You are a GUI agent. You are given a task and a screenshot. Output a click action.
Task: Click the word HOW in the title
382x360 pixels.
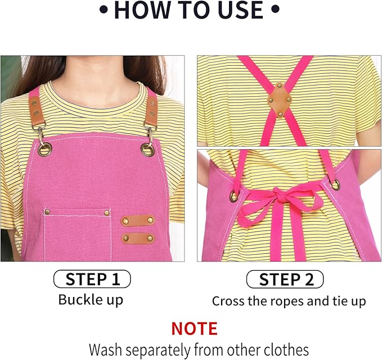(x=138, y=11)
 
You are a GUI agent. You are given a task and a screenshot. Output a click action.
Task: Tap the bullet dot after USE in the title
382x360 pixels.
(x=275, y=10)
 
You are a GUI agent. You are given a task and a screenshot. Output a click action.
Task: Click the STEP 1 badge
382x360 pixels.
(x=92, y=279)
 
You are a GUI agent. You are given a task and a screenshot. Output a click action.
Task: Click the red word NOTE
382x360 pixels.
(x=194, y=328)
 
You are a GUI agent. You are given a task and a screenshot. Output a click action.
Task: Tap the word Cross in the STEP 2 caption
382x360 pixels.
(x=229, y=301)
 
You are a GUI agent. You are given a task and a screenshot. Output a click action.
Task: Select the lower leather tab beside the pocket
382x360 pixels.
(x=138, y=238)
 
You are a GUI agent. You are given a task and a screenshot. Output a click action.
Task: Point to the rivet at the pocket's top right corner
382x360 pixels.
(x=108, y=212)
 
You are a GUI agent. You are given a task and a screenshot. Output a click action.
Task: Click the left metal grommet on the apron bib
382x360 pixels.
(x=44, y=149)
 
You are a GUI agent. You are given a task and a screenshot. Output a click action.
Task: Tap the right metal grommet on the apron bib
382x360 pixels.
(x=147, y=149)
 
